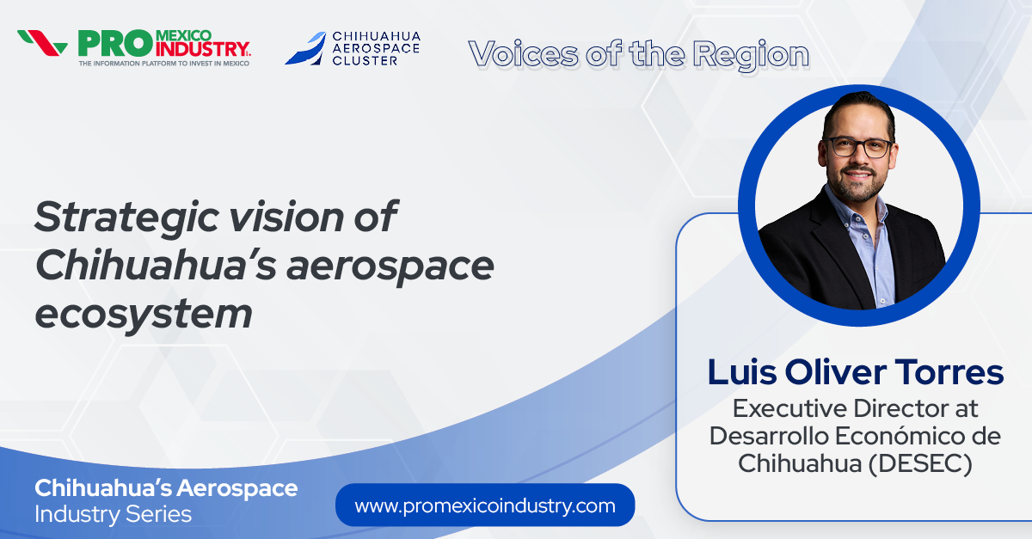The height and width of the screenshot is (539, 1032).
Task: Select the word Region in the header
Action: [x=751, y=54]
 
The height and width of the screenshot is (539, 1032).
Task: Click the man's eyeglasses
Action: [x=858, y=146]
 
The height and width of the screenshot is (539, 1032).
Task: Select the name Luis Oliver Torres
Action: [x=855, y=372]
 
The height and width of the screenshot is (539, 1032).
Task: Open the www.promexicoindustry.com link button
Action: [x=485, y=505]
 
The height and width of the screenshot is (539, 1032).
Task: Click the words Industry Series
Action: [x=113, y=515]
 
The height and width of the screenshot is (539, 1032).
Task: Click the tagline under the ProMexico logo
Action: [x=163, y=64]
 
